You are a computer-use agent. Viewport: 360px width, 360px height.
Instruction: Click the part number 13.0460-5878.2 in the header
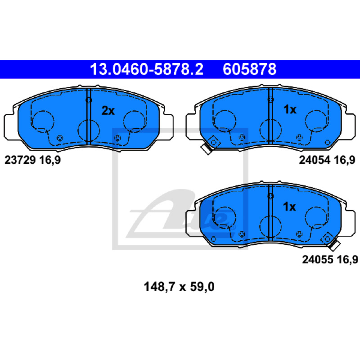click(147, 69)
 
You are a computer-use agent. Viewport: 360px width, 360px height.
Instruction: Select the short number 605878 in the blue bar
click(249, 69)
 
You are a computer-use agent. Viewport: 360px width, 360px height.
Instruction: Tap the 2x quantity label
click(108, 111)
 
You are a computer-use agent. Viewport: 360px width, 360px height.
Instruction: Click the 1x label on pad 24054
click(290, 109)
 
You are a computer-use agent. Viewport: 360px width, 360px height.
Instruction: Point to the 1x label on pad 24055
click(289, 207)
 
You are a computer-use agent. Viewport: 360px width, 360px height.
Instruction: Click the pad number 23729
click(20, 160)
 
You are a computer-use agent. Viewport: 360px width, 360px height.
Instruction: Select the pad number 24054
click(315, 160)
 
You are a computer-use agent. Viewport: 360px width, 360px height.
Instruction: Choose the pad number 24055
click(318, 260)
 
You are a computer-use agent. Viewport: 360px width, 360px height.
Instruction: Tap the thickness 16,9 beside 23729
click(50, 160)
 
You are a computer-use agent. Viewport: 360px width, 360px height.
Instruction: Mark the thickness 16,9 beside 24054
click(344, 160)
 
